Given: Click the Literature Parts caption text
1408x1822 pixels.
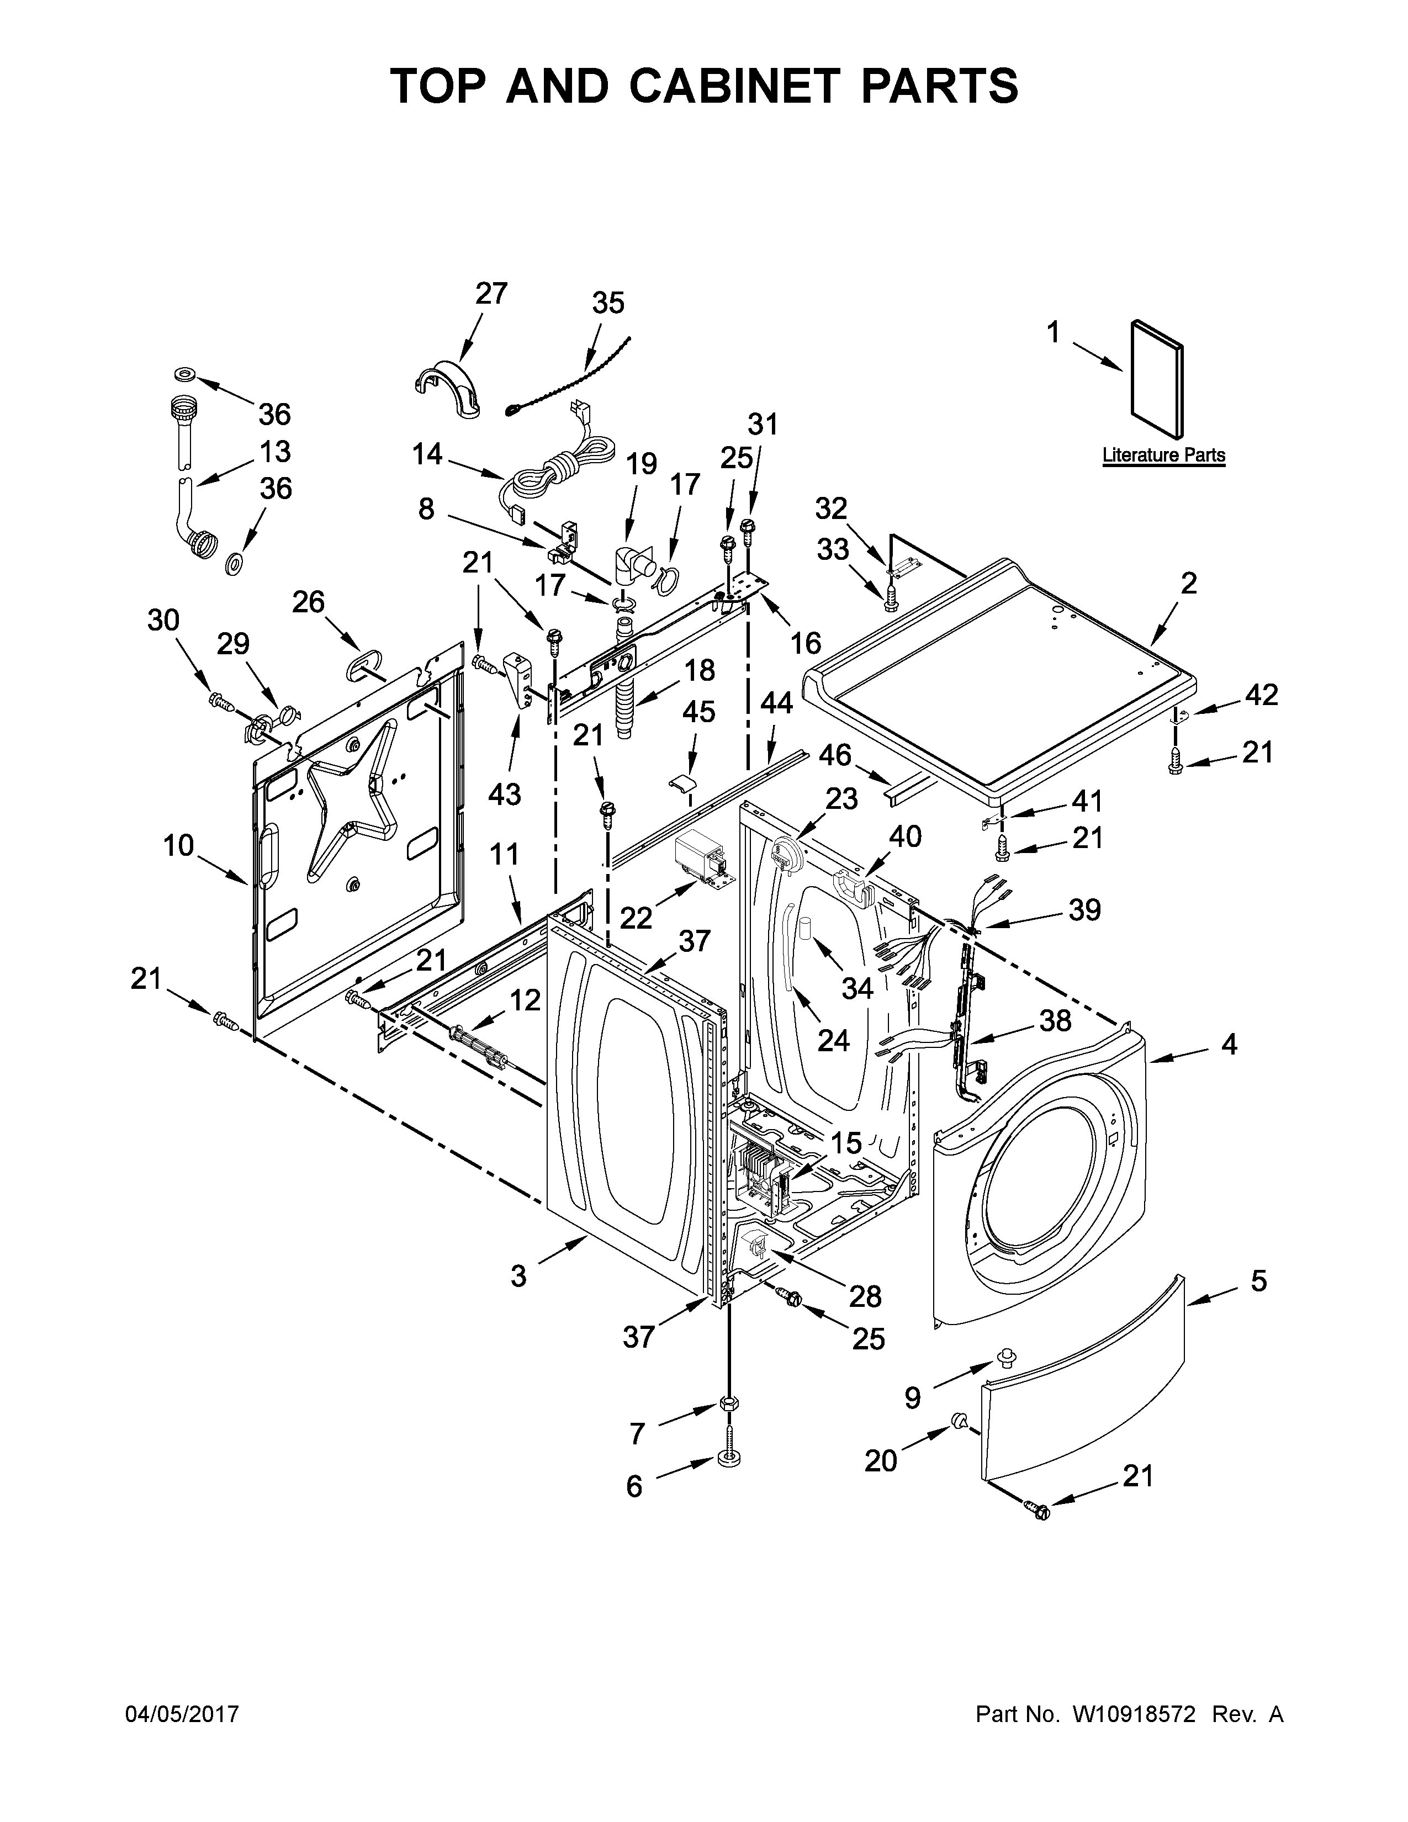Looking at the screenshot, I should click(1163, 455).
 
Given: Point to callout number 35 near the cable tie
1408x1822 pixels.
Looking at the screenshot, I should click(608, 303).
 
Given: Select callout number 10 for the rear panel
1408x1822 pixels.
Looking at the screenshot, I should click(178, 845).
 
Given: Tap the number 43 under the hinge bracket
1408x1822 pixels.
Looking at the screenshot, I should click(505, 794).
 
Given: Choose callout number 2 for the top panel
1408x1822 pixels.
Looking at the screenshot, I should click(1189, 582).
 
